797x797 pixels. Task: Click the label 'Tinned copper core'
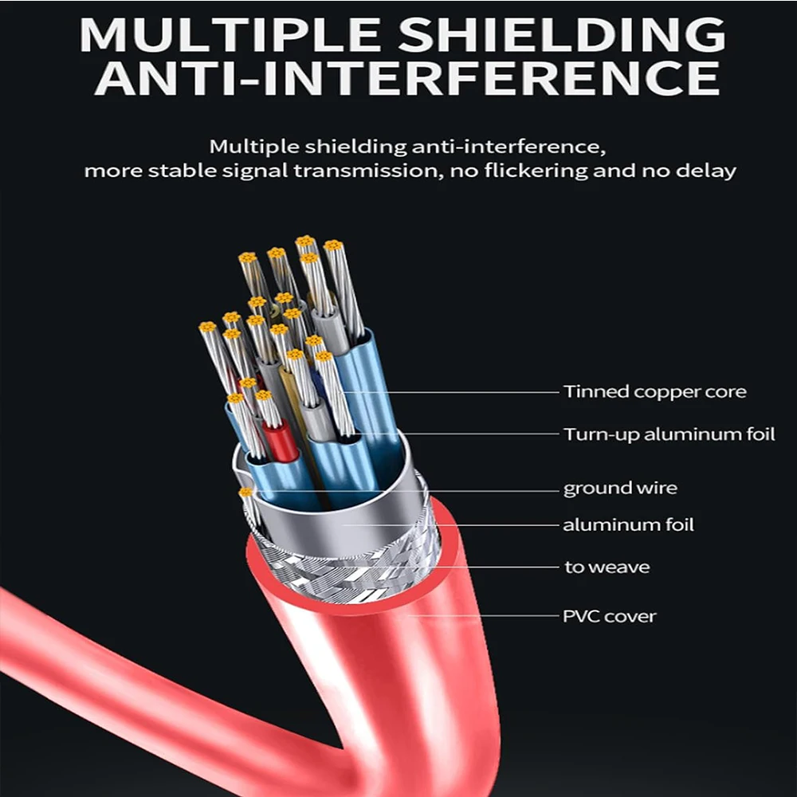pos(654,392)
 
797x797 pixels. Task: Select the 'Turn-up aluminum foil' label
pos(669,434)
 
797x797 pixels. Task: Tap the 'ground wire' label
pos(620,489)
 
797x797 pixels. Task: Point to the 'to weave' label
pos(607,567)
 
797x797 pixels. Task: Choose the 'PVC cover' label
pos(610,617)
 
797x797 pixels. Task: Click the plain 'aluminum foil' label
pos(628,524)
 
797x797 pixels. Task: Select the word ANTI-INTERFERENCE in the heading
pos(407,78)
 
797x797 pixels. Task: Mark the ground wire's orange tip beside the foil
pos(245,492)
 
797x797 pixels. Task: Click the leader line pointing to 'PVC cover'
pos(482,616)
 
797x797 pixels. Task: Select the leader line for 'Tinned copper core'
pos(450,392)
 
